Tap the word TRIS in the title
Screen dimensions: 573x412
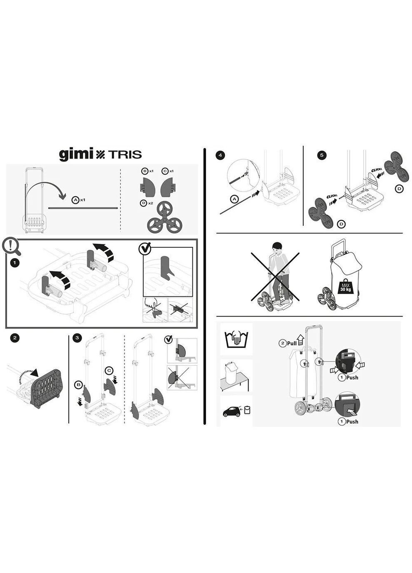(125, 154)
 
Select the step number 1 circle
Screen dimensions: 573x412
(15, 263)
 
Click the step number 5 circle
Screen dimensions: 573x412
(321, 155)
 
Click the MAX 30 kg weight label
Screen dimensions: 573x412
(345, 287)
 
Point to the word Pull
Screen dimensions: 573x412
(291, 343)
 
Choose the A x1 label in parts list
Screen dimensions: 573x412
(78, 200)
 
